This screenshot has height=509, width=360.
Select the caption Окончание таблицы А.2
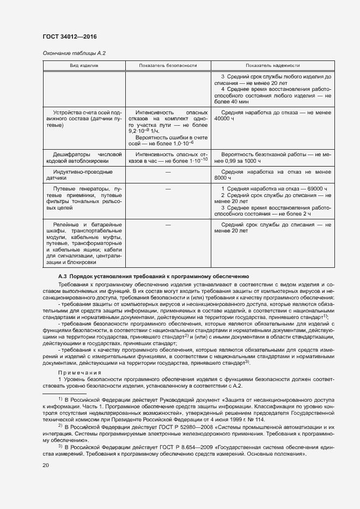click(x=74, y=53)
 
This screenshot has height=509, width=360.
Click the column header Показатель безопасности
click(x=168, y=65)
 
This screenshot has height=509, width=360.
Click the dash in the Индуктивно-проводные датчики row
click(x=168, y=172)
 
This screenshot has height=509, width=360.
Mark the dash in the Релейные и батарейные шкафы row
click(x=168, y=224)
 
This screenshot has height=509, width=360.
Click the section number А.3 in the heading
click(x=63, y=277)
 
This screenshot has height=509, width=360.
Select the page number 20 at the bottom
click(x=46, y=465)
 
